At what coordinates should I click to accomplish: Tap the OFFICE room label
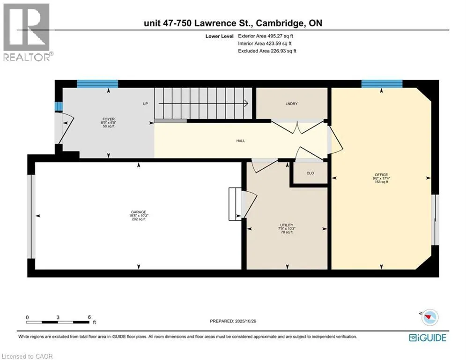click(381, 175)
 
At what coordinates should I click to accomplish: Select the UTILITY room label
click(287, 225)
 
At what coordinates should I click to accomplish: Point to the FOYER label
click(109, 119)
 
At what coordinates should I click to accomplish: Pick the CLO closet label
click(310, 173)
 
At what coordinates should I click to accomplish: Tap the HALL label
click(241, 141)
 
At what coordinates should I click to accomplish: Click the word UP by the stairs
click(145, 104)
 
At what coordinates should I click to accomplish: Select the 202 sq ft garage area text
click(139, 219)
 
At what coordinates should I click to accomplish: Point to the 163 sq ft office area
click(381, 182)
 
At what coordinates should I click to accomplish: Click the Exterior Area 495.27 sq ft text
click(266, 36)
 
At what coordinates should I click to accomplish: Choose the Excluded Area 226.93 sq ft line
click(267, 51)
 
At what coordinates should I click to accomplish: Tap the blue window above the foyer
click(97, 84)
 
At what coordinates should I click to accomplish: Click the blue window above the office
click(382, 84)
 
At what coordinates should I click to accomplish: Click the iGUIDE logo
click(427, 337)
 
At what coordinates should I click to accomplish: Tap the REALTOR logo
click(27, 32)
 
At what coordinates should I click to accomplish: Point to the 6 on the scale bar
click(89, 317)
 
